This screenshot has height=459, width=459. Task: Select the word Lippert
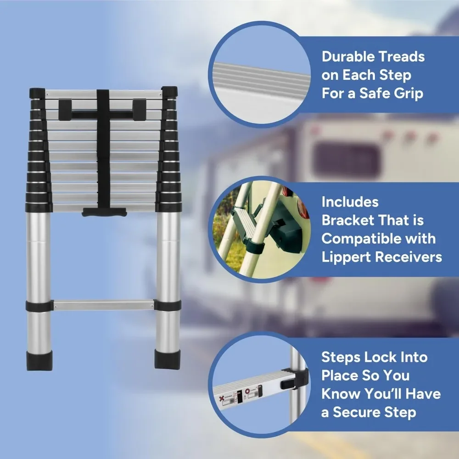click(346, 257)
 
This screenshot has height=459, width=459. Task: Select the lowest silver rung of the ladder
click(103, 305)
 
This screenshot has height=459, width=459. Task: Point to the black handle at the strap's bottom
click(104, 212)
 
